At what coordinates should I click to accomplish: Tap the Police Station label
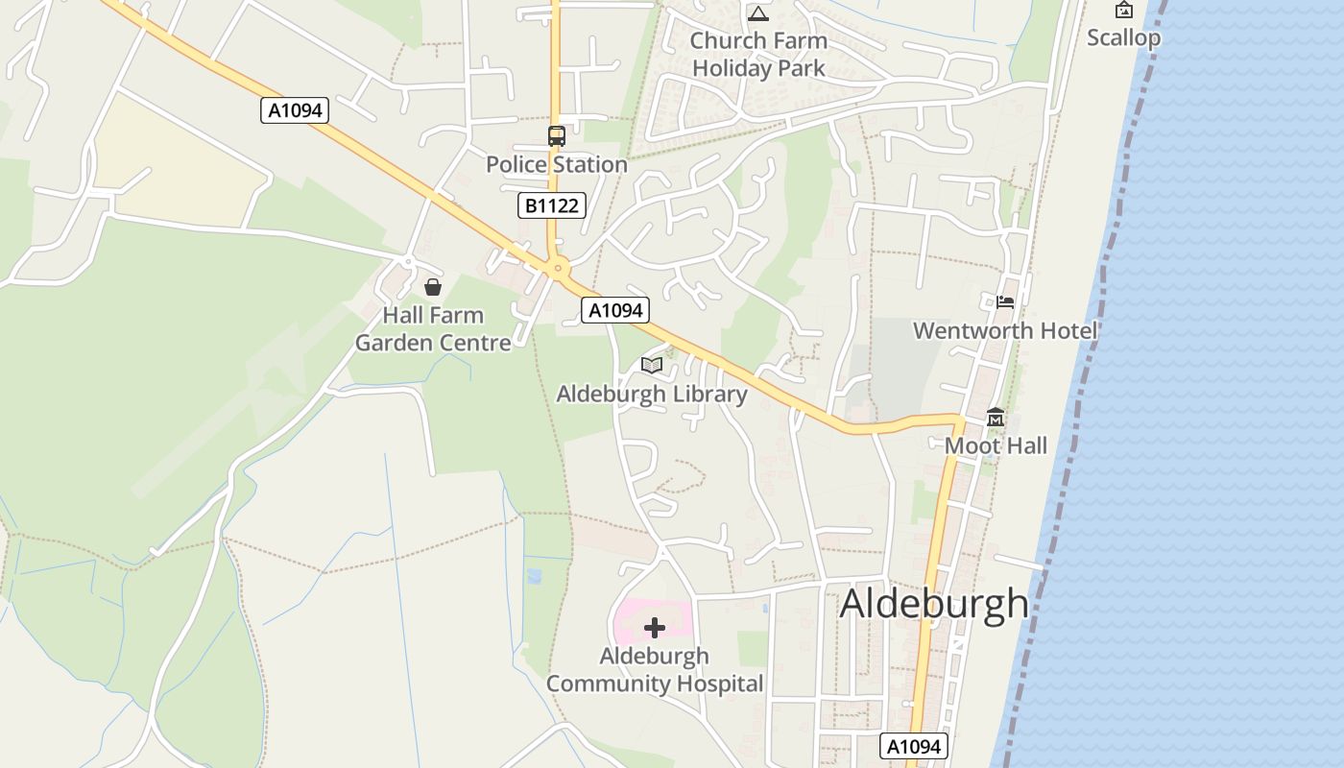coord(556,165)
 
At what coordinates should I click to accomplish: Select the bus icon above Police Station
coord(557,136)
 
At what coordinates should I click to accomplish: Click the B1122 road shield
coord(551,205)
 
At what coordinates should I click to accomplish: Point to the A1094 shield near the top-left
coord(295,110)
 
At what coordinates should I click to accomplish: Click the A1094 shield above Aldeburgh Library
coord(614,310)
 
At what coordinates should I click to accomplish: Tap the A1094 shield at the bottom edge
coord(914,746)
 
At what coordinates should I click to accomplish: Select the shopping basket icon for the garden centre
coord(433,286)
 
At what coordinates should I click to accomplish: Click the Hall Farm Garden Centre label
coord(433,329)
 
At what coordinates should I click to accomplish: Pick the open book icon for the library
coord(652,365)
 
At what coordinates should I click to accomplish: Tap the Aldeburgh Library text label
coord(652,395)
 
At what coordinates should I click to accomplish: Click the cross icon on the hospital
coord(655,628)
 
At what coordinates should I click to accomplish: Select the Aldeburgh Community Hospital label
coord(655,670)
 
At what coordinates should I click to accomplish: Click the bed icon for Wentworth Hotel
coord(1005,301)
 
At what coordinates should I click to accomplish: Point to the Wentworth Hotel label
coord(1005,331)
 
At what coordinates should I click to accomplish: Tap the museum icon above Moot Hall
coord(996,418)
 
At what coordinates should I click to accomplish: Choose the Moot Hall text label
coord(996,446)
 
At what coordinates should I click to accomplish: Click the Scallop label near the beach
coord(1123,38)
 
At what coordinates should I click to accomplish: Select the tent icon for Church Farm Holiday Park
coord(758,13)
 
